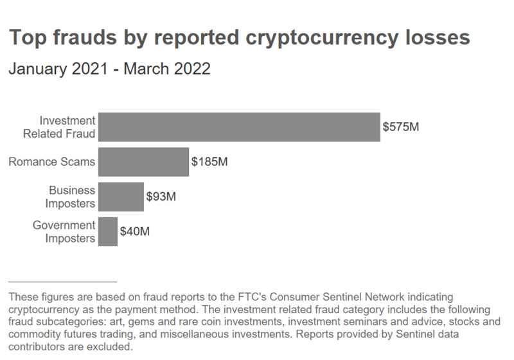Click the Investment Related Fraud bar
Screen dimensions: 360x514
tap(239, 127)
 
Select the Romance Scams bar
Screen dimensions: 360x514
tap(143, 162)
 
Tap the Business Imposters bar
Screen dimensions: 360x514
tap(121, 197)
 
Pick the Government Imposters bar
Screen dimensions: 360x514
tap(108, 231)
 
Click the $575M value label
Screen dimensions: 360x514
tap(401, 127)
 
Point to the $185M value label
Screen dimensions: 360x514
tap(209, 162)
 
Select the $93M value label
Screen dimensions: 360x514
tap(161, 197)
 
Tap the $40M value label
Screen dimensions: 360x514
tap(135, 231)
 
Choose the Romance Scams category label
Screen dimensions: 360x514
tap(51, 162)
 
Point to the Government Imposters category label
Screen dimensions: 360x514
tap(64, 231)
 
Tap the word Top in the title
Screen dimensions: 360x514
tap(25, 37)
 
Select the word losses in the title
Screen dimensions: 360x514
tap(436, 37)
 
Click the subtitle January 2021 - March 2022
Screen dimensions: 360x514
tap(109, 69)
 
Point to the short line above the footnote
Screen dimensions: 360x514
tap(62, 282)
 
